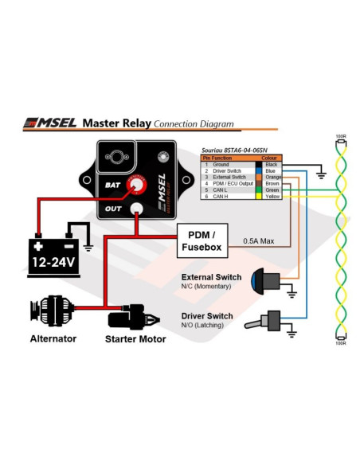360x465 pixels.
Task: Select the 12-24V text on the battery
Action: coord(54,260)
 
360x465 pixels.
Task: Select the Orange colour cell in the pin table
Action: coord(270,177)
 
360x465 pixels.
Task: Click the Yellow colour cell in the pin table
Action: coord(270,196)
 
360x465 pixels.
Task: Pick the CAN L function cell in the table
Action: coord(221,190)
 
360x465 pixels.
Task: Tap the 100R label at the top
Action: coord(341,137)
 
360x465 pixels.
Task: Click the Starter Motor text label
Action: coord(135,339)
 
